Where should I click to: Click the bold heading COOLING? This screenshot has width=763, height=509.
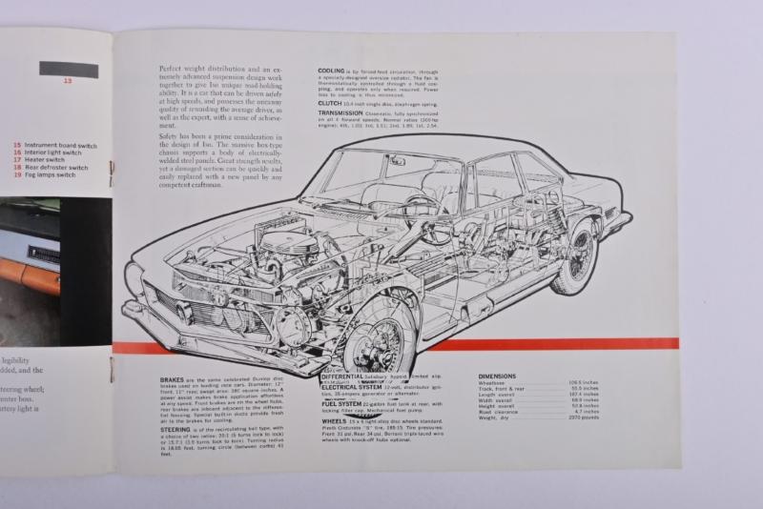pos(332,70)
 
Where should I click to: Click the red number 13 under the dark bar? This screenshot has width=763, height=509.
pos(68,81)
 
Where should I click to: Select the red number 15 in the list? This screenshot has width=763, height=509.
pos(17,145)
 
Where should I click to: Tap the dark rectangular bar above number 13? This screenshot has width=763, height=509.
pos(68,69)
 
